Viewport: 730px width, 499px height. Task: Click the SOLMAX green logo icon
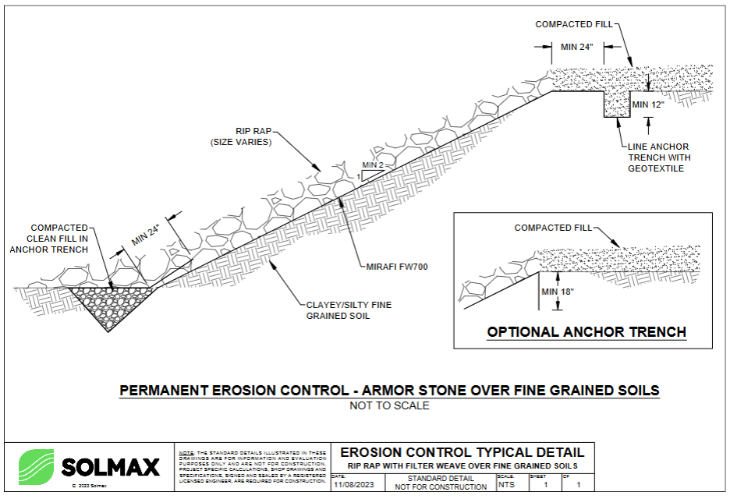[x=36, y=466]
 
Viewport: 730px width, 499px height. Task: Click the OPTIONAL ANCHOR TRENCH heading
[x=586, y=332]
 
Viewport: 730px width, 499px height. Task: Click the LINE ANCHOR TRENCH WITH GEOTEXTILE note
[x=658, y=157]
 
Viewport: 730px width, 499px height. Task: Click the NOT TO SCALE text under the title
[x=389, y=405]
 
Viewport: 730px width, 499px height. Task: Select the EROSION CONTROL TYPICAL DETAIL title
[x=462, y=452]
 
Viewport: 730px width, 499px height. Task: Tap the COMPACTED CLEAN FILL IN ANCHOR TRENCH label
[x=49, y=239]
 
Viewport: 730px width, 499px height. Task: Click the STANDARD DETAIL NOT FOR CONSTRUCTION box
[x=440, y=482]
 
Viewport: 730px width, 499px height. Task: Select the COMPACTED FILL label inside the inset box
[x=554, y=228]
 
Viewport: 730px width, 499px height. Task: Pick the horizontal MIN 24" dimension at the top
[x=577, y=47]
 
